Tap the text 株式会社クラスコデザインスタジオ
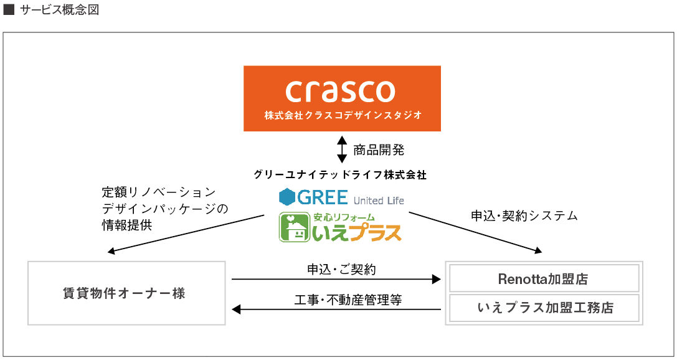pos(342,115)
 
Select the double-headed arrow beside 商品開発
pos(341,149)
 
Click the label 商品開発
pos(379,150)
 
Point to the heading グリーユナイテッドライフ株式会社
pos(340,174)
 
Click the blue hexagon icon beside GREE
pos(286,197)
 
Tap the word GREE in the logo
pos(322,197)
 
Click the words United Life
pos(379,201)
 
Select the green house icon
pos(294,227)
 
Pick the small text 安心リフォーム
pos(344,217)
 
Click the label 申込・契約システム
pos(524,216)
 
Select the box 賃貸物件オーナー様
pos(126,293)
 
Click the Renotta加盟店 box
pos(544,279)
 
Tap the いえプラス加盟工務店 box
pos(544,308)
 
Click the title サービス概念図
pos(59,11)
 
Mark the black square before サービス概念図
pos(9,11)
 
